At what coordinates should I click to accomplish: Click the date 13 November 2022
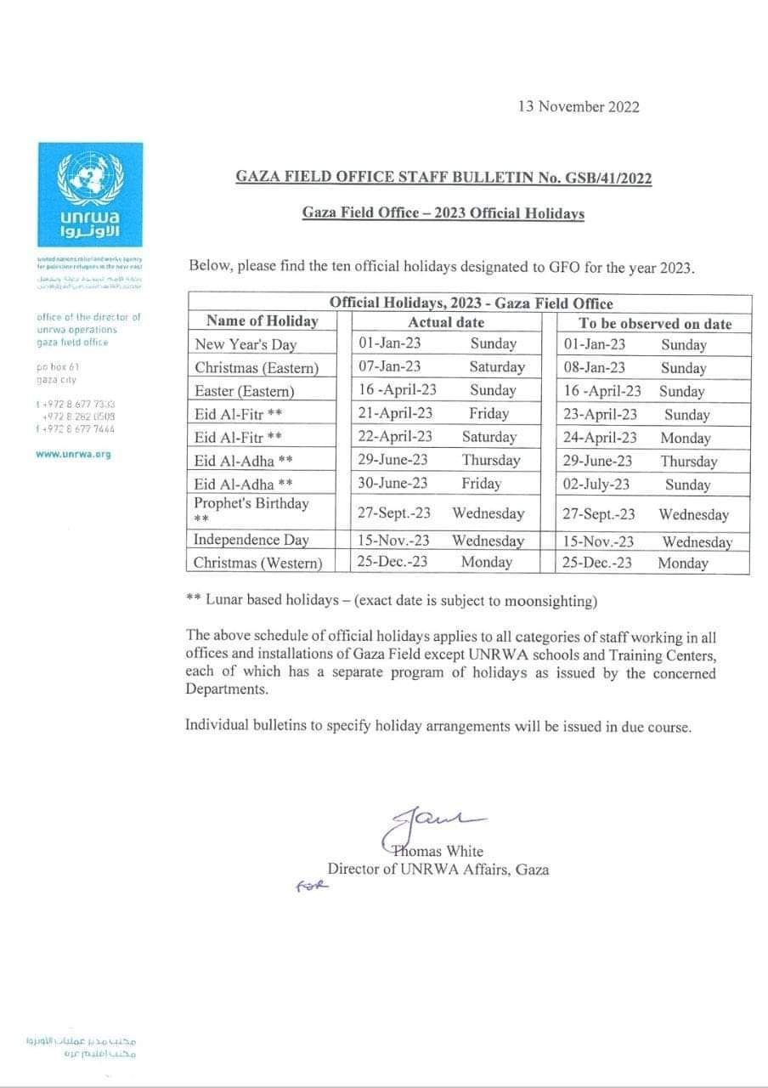pos(578,107)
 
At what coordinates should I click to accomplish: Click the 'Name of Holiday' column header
pos(262,321)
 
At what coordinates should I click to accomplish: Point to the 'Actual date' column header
pos(446,322)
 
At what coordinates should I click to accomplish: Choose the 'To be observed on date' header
pos(654,323)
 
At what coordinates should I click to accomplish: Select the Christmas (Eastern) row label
pos(257,367)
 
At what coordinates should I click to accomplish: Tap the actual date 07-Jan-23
pos(389,367)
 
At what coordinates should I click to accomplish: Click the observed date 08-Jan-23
pos(594,368)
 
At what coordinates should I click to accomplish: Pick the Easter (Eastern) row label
pos(244,391)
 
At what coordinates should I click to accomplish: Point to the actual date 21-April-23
pos(395,414)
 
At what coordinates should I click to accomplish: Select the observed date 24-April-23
pos(599,438)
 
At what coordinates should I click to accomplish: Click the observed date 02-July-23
pos(596,484)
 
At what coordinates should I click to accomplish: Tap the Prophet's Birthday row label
pos(251,504)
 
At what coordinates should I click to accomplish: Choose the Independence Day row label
pos(251,540)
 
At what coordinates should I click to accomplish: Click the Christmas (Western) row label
pos(258,563)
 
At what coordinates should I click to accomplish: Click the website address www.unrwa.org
pos(73,455)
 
